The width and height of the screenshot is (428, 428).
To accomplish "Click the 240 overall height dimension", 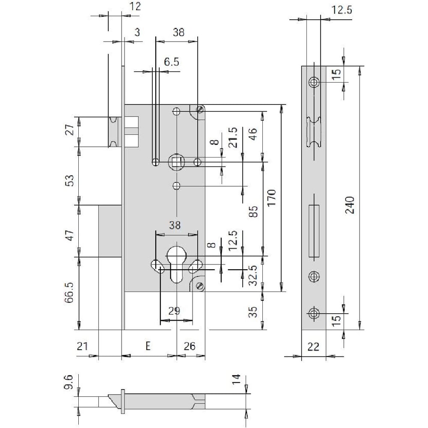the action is (x=350, y=205).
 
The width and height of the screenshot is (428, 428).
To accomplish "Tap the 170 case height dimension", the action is (x=272, y=198).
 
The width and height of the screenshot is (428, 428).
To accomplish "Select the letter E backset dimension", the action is (x=148, y=346).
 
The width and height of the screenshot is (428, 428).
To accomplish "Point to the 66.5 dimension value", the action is (x=69, y=293).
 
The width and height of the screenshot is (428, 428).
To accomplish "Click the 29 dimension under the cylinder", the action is (x=174, y=311).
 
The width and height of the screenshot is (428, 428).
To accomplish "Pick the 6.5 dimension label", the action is (x=172, y=62).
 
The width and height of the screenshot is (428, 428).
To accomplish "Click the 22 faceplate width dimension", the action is (x=313, y=347).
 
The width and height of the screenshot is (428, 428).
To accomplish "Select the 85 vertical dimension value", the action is (x=253, y=211).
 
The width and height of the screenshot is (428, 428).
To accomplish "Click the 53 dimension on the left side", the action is (x=70, y=181).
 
